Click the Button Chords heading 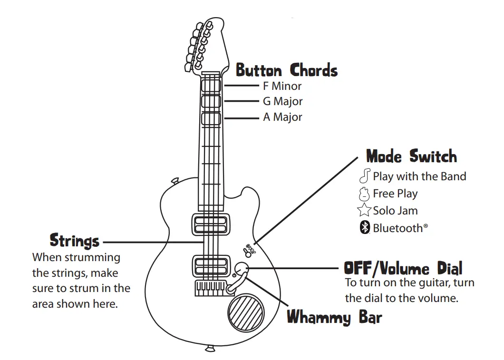(287, 70)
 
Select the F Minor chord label (282, 86)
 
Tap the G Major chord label (282, 101)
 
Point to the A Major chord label (282, 117)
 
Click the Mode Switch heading (411, 156)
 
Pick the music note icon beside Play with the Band (365, 176)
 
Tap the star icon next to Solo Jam (364, 210)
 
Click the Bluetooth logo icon (364, 228)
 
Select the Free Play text (395, 194)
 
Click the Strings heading (75, 241)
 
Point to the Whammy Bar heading (334, 317)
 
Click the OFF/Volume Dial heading (403, 269)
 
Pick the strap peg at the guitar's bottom (209, 349)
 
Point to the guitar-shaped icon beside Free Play (364, 194)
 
